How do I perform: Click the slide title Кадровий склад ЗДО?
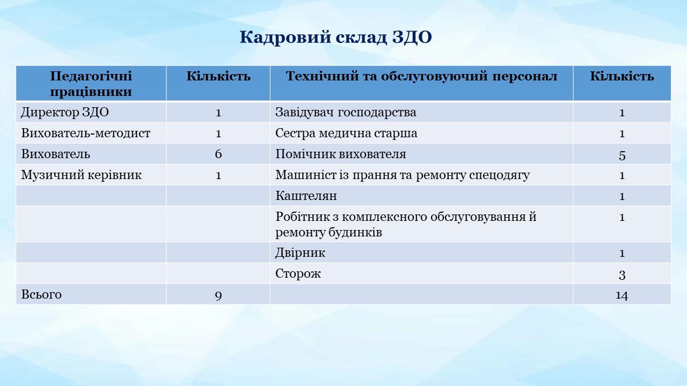pos(335,38)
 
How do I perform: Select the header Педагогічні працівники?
pos(91,84)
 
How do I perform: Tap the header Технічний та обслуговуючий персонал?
pos(421,76)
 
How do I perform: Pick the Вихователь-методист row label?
pos(85,133)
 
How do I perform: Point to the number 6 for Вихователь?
pos(218,154)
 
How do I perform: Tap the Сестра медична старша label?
pos(346,133)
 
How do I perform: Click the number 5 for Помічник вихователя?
pos(622,155)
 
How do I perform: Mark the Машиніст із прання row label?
pos(403,175)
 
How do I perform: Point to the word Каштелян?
pos(306,196)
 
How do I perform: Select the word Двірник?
pos(300,253)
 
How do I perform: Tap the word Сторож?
pos(298,273)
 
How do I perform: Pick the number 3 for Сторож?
pos(622,275)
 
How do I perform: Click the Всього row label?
pos(41,294)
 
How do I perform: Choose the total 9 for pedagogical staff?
pos(218,295)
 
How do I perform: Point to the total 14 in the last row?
pos(622,295)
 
